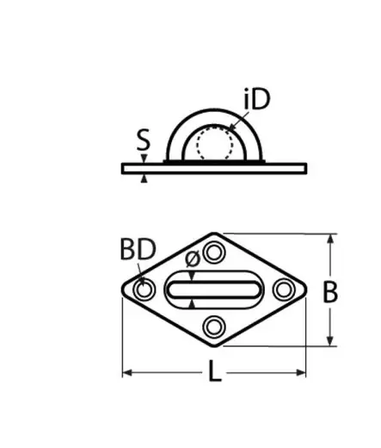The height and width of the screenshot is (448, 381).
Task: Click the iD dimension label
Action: (257, 99)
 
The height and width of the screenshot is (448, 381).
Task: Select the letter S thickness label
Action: (143, 140)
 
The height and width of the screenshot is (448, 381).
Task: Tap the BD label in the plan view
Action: (138, 249)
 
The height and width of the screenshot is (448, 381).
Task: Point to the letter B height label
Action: (330, 292)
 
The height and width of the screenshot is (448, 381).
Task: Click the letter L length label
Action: (214, 370)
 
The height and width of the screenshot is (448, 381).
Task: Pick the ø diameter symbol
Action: (193, 258)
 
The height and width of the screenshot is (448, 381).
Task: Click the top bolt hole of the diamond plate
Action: (214, 253)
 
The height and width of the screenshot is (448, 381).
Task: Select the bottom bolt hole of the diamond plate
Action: (214, 327)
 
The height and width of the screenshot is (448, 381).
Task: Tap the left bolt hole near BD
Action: (144, 289)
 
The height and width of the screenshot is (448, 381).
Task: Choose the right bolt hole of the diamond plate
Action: (284, 289)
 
